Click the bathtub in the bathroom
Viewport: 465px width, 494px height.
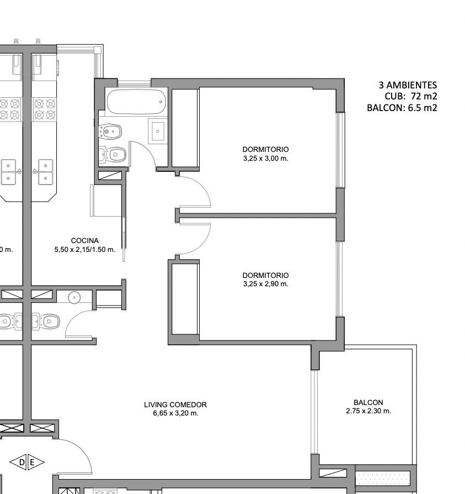[x=136, y=102]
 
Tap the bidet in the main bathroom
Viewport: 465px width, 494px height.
[x=110, y=132]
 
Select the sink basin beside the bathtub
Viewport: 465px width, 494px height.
[x=158, y=131]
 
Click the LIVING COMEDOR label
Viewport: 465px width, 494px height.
[x=175, y=404]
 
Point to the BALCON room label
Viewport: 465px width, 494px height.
[x=368, y=402]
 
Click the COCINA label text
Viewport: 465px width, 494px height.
[x=85, y=241]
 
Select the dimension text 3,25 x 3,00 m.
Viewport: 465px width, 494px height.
[x=266, y=159]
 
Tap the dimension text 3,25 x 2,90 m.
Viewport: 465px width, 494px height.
[x=266, y=284]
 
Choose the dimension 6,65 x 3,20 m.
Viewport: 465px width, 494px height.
[x=176, y=413]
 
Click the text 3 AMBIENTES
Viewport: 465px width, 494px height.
[x=408, y=85]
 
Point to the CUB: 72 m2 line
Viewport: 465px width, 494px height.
[x=411, y=96]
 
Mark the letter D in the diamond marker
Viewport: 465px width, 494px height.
[x=22, y=463]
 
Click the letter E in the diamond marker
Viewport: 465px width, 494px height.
[x=32, y=463]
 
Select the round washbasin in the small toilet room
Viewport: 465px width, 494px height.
[x=74, y=297]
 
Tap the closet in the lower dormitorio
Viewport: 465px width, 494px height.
[x=185, y=299]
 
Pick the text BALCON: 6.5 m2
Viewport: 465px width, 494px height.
[x=402, y=108]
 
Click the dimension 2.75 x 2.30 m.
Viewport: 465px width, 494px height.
[x=368, y=411]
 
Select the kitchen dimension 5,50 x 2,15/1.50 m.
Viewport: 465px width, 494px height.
[x=85, y=250]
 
